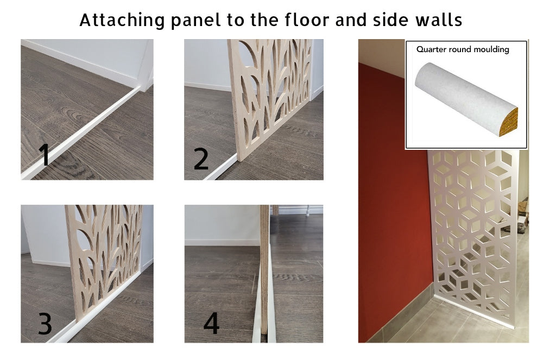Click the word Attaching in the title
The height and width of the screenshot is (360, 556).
(122, 21)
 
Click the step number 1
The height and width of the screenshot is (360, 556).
(44, 155)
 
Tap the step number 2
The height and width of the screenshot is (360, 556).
(201, 159)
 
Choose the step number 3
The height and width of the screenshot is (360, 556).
(45, 324)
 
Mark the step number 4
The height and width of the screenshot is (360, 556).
(211, 323)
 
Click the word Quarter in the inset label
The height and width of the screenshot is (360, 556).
(431, 49)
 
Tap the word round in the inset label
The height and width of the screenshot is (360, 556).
(459, 49)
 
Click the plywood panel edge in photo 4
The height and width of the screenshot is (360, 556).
(264, 269)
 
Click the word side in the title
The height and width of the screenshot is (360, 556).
(390, 20)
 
